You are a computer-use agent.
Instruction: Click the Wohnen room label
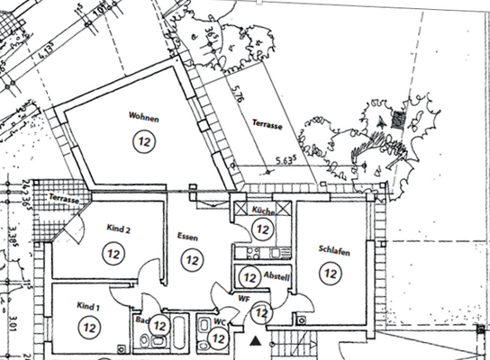[x=144, y=117]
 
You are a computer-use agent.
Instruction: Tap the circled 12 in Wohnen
[x=143, y=139]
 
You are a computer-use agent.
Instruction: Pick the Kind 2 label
[x=119, y=230]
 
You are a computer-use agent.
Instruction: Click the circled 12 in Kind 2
[x=114, y=255]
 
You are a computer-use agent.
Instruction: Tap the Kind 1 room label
[x=88, y=306]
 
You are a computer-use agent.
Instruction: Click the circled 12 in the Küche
[x=262, y=229]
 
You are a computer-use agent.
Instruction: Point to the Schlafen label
[x=333, y=249]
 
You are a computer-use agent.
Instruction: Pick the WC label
[x=219, y=321]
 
